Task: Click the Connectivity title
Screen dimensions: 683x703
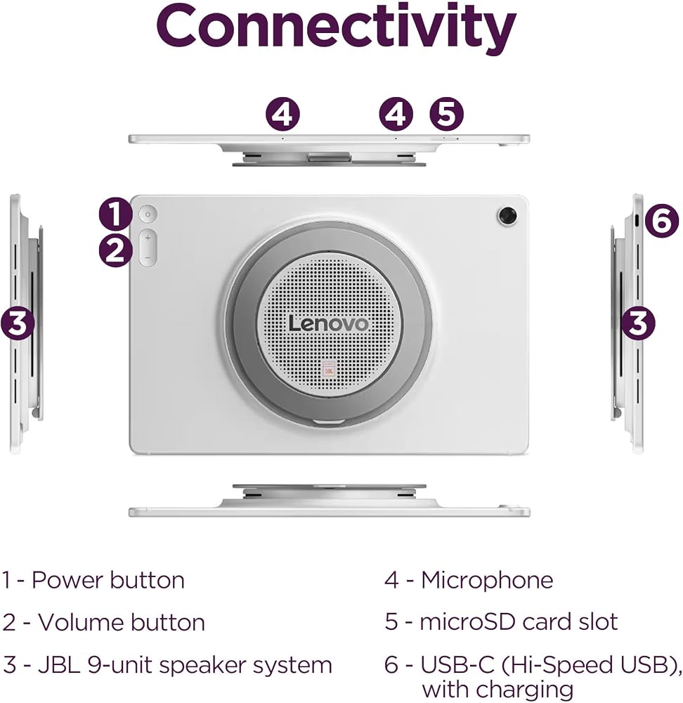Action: [x=336, y=28]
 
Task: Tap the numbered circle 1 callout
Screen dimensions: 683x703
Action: [x=116, y=214]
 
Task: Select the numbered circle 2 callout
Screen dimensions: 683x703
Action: [x=116, y=250]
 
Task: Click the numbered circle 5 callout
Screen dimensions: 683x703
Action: [x=446, y=114]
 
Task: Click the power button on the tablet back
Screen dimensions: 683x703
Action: [x=148, y=214]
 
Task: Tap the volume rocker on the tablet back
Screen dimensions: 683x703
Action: [x=148, y=248]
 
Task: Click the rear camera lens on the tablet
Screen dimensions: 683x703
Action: [x=507, y=216]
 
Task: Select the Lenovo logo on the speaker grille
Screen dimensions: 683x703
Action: [x=329, y=323]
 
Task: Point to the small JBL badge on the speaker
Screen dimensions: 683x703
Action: [x=329, y=370]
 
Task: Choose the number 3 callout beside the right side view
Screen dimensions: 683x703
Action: [x=638, y=323]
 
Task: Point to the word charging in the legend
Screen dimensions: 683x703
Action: [x=523, y=690]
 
